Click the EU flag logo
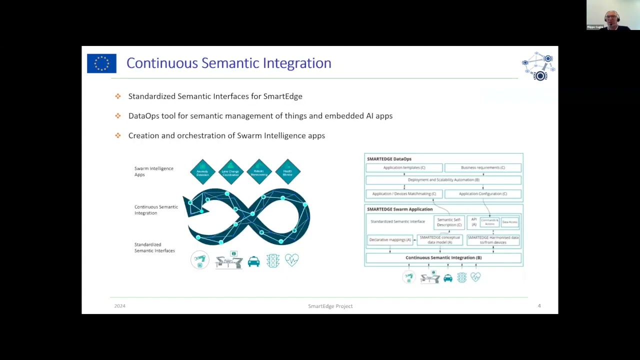click(101, 63)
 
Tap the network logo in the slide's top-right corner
click(538, 66)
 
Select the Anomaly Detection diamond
click(202, 172)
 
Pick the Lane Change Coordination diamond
click(230, 172)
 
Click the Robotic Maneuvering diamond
click(259, 172)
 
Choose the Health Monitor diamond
click(287, 172)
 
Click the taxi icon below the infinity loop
click(253, 261)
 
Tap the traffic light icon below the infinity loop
click(272, 260)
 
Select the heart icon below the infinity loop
click(291, 259)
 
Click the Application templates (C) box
click(404, 167)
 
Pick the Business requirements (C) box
click(482, 167)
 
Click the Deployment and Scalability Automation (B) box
click(443, 180)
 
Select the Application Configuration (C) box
click(482, 193)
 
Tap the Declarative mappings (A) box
click(390, 240)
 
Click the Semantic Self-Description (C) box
click(449, 222)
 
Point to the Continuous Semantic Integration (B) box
click(443, 257)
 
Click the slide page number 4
click(539, 305)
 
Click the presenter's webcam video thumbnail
click(612, 15)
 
